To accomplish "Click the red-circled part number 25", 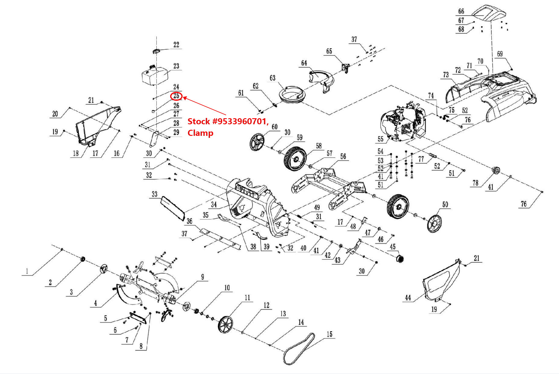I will pos(176,96).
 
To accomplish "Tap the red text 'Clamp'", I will pos(200,133).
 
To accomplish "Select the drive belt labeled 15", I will pos(299,350).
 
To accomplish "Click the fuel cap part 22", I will pos(156,51).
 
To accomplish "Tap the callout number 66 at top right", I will pos(461,11).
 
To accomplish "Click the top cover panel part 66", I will pos(489,13).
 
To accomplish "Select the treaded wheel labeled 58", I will pos(295,159).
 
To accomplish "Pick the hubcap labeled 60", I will pos(256,142).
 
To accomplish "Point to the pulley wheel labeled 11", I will pos(225,325).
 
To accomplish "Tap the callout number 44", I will pos(408,297).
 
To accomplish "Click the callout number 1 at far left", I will pos(27,271).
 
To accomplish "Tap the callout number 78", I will pos(475,183).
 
